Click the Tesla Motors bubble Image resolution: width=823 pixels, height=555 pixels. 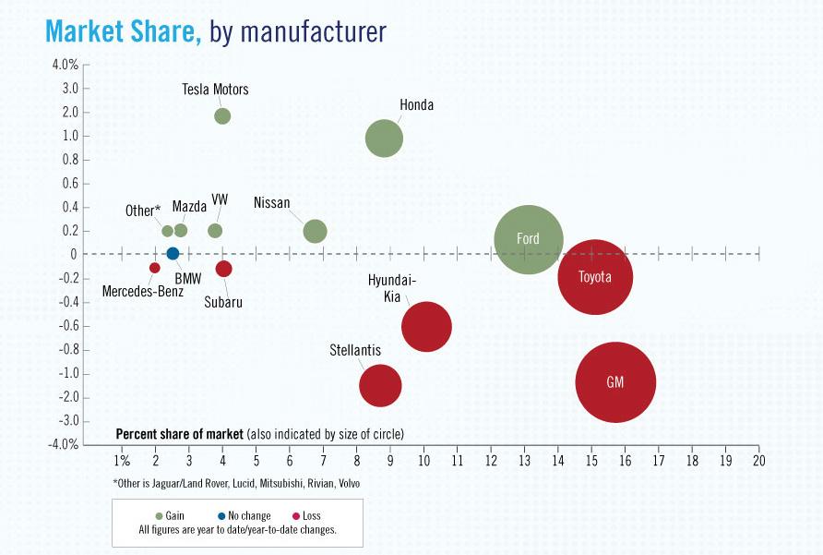[x=222, y=116]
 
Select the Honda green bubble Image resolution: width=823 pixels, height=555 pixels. [x=384, y=139]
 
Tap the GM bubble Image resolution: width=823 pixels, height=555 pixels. [x=615, y=381]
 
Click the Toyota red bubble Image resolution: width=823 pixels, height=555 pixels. [x=595, y=276]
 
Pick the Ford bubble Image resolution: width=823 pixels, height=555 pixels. [x=528, y=239]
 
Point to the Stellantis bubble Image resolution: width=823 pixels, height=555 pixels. [x=380, y=385]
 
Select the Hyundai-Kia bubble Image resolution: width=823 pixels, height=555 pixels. [x=426, y=326]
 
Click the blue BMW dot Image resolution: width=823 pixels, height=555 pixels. [x=173, y=254]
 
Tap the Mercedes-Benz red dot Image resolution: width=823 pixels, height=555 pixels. [x=155, y=268]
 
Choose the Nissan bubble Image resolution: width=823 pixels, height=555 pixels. [x=315, y=231]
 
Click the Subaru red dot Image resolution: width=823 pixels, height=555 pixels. [x=223, y=269]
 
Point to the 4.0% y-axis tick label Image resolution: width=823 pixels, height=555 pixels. [x=66, y=65]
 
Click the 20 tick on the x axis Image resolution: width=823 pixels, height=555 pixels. [x=758, y=460]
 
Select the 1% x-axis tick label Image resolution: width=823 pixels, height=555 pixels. [x=121, y=460]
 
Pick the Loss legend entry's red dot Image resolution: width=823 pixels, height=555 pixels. [x=294, y=515]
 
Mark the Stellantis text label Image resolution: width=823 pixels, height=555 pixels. [x=355, y=351]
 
